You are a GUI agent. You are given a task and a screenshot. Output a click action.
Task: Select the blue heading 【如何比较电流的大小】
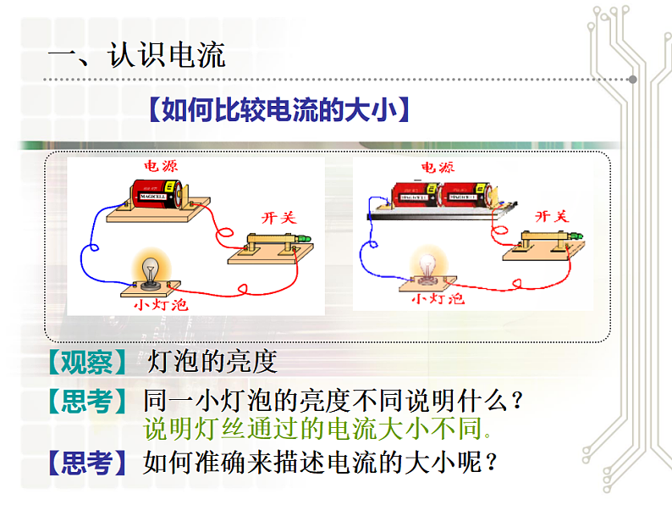tap(278, 110)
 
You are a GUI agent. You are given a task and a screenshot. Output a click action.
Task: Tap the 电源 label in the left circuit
tap(160, 166)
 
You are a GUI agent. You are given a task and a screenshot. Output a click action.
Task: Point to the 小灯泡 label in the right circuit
tap(438, 298)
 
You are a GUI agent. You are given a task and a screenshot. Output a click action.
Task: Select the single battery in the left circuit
tap(156, 194)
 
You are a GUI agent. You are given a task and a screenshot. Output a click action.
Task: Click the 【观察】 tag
tap(87, 363)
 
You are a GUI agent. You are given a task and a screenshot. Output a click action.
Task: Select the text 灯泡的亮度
tap(212, 363)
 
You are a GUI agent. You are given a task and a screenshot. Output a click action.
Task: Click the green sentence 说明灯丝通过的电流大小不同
tap(318, 429)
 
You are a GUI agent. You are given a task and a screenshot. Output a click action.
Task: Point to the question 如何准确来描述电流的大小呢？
tap(318, 463)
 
